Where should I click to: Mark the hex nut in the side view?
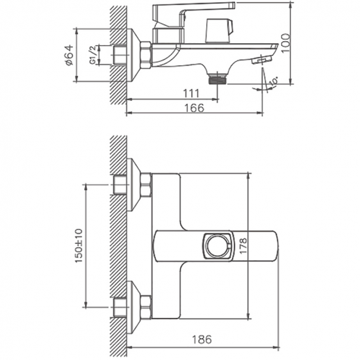coord(146,55)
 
